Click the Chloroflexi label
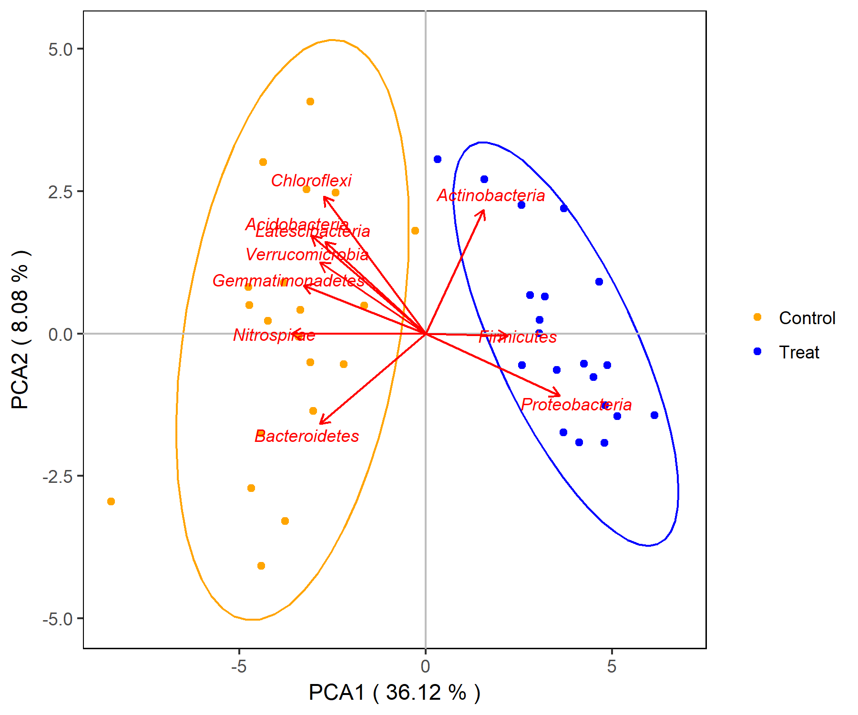point(311,181)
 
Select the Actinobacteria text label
point(490,195)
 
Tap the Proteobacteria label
point(576,405)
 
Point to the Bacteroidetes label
point(306,436)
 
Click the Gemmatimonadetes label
point(288,281)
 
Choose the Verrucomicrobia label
point(307,255)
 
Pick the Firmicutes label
point(518,337)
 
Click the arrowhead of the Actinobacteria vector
point(483,211)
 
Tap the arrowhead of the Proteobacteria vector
point(559,395)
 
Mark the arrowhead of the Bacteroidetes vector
point(320,423)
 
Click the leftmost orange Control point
point(111,501)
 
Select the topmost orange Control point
point(310,102)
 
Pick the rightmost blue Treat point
point(654,415)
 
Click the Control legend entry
point(807,318)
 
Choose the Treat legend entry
point(798,352)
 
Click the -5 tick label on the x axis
point(238,666)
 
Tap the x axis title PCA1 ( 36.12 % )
point(394,693)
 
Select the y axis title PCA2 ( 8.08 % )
point(20,329)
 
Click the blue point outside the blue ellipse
point(438,159)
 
